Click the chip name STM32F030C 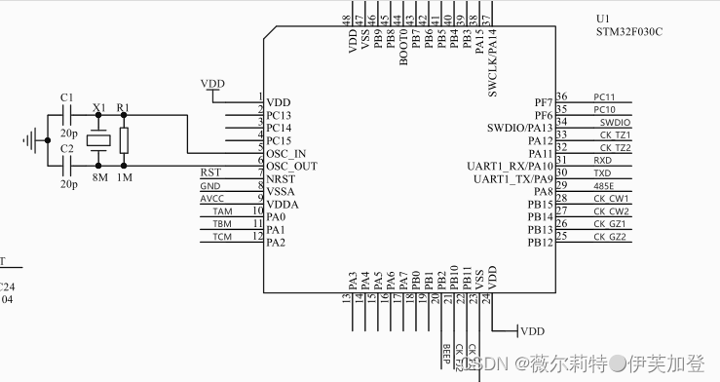tap(629, 31)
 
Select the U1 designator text tap(603, 18)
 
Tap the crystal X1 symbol tap(98, 140)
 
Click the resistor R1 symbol tap(124, 139)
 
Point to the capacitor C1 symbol tap(67, 115)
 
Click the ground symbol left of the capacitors tap(36, 140)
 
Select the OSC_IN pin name tap(285, 153)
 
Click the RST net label tap(209, 172)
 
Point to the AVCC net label tap(211, 198)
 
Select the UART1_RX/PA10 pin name tap(513, 166)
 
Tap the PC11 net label tap(604, 96)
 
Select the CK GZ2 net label tap(612, 237)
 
